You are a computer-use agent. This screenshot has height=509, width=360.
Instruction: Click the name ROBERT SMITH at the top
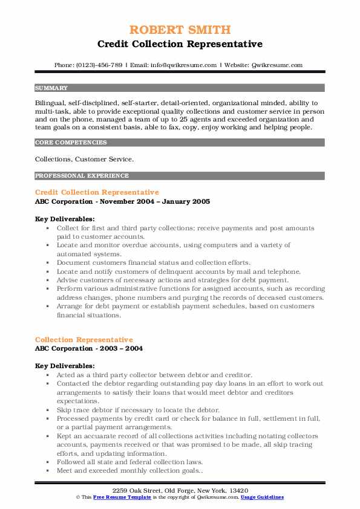point(180,30)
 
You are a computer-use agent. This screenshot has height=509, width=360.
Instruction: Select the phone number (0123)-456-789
point(100,65)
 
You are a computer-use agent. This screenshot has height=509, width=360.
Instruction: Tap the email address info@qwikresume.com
point(181,65)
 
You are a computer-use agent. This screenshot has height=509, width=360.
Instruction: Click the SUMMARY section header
point(51,88)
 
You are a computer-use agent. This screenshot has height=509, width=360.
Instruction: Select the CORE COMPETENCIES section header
point(71,143)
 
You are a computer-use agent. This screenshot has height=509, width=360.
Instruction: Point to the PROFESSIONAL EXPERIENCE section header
point(82,176)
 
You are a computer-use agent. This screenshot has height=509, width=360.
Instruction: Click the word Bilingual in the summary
point(51,103)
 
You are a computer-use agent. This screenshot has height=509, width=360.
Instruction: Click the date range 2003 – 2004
point(123,349)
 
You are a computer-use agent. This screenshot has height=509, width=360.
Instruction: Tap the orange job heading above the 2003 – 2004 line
point(84,340)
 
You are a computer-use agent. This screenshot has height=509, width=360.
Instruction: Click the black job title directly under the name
point(180,44)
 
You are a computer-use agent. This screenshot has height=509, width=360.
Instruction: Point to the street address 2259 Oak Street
point(143,489)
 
